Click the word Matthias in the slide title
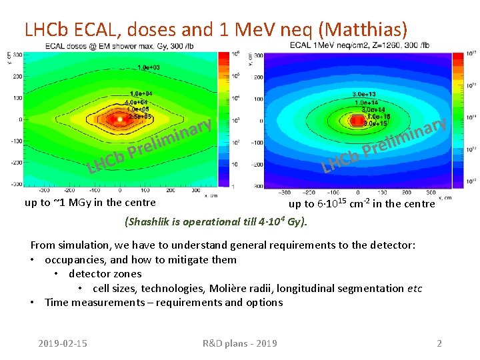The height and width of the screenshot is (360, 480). pos(365,29)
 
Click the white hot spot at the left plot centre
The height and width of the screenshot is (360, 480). pos(119,119)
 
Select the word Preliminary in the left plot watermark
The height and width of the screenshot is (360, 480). pos(170,139)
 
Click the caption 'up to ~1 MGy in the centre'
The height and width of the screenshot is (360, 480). pos(90,203)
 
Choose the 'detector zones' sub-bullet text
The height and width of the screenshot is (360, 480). pos(105,274)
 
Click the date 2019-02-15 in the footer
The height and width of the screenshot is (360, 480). pos(62,343)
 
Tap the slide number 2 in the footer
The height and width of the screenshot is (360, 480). pos(439,343)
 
